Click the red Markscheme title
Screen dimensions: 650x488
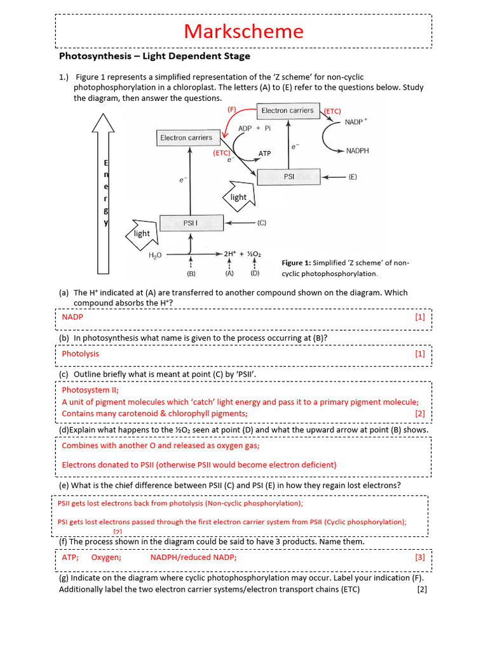click(244, 30)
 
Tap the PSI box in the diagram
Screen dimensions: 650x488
click(289, 177)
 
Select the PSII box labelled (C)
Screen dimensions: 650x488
click(191, 223)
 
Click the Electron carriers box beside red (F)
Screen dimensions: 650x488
click(287, 110)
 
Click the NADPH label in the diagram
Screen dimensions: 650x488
click(358, 151)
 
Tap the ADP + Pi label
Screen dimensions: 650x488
click(255, 128)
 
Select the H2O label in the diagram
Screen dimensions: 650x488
click(156, 255)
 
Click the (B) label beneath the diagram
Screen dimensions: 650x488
click(191, 274)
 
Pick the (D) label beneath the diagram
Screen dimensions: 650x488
click(255, 274)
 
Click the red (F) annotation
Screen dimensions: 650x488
click(232, 109)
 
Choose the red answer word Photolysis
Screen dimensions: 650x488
click(80, 354)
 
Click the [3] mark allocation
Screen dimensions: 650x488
click(419, 557)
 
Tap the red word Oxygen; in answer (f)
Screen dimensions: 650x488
click(106, 557)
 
